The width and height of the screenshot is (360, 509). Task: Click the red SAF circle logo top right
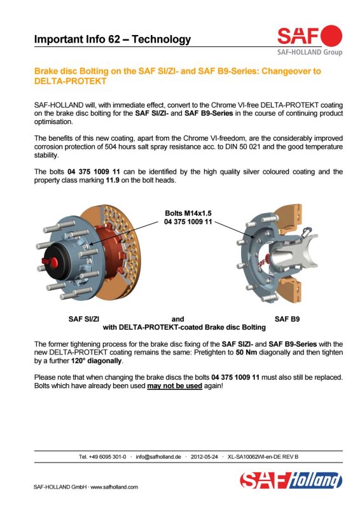[x=331, y=36]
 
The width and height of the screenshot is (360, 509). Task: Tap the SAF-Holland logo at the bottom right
[x=291, y=480]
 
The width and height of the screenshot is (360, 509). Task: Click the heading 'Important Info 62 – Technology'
[x=113, y=39]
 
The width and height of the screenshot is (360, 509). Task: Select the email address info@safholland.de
[x=158, y=457]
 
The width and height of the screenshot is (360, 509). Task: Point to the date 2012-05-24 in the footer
[x=204, y=457]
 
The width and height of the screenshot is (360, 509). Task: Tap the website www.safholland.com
[x=114, y=487]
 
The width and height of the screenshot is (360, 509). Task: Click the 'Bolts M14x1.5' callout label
[x=188, y=213]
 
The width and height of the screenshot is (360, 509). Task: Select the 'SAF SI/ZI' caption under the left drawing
[x=84, y=319]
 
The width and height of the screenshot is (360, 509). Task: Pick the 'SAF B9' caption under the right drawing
[x=287, y=319]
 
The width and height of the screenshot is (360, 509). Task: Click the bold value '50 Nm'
[x=246, y=352]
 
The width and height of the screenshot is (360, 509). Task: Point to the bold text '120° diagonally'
[x=96, y=361]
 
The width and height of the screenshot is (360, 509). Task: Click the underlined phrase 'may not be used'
[x=175, y=386]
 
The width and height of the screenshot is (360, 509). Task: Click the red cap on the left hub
[x=54, y=263]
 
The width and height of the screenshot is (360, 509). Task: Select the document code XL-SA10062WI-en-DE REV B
[x=263, y=457]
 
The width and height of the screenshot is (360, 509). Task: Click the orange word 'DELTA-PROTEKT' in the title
[x=70, y=81]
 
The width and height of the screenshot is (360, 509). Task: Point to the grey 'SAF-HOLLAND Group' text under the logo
[x=310, y=52]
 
